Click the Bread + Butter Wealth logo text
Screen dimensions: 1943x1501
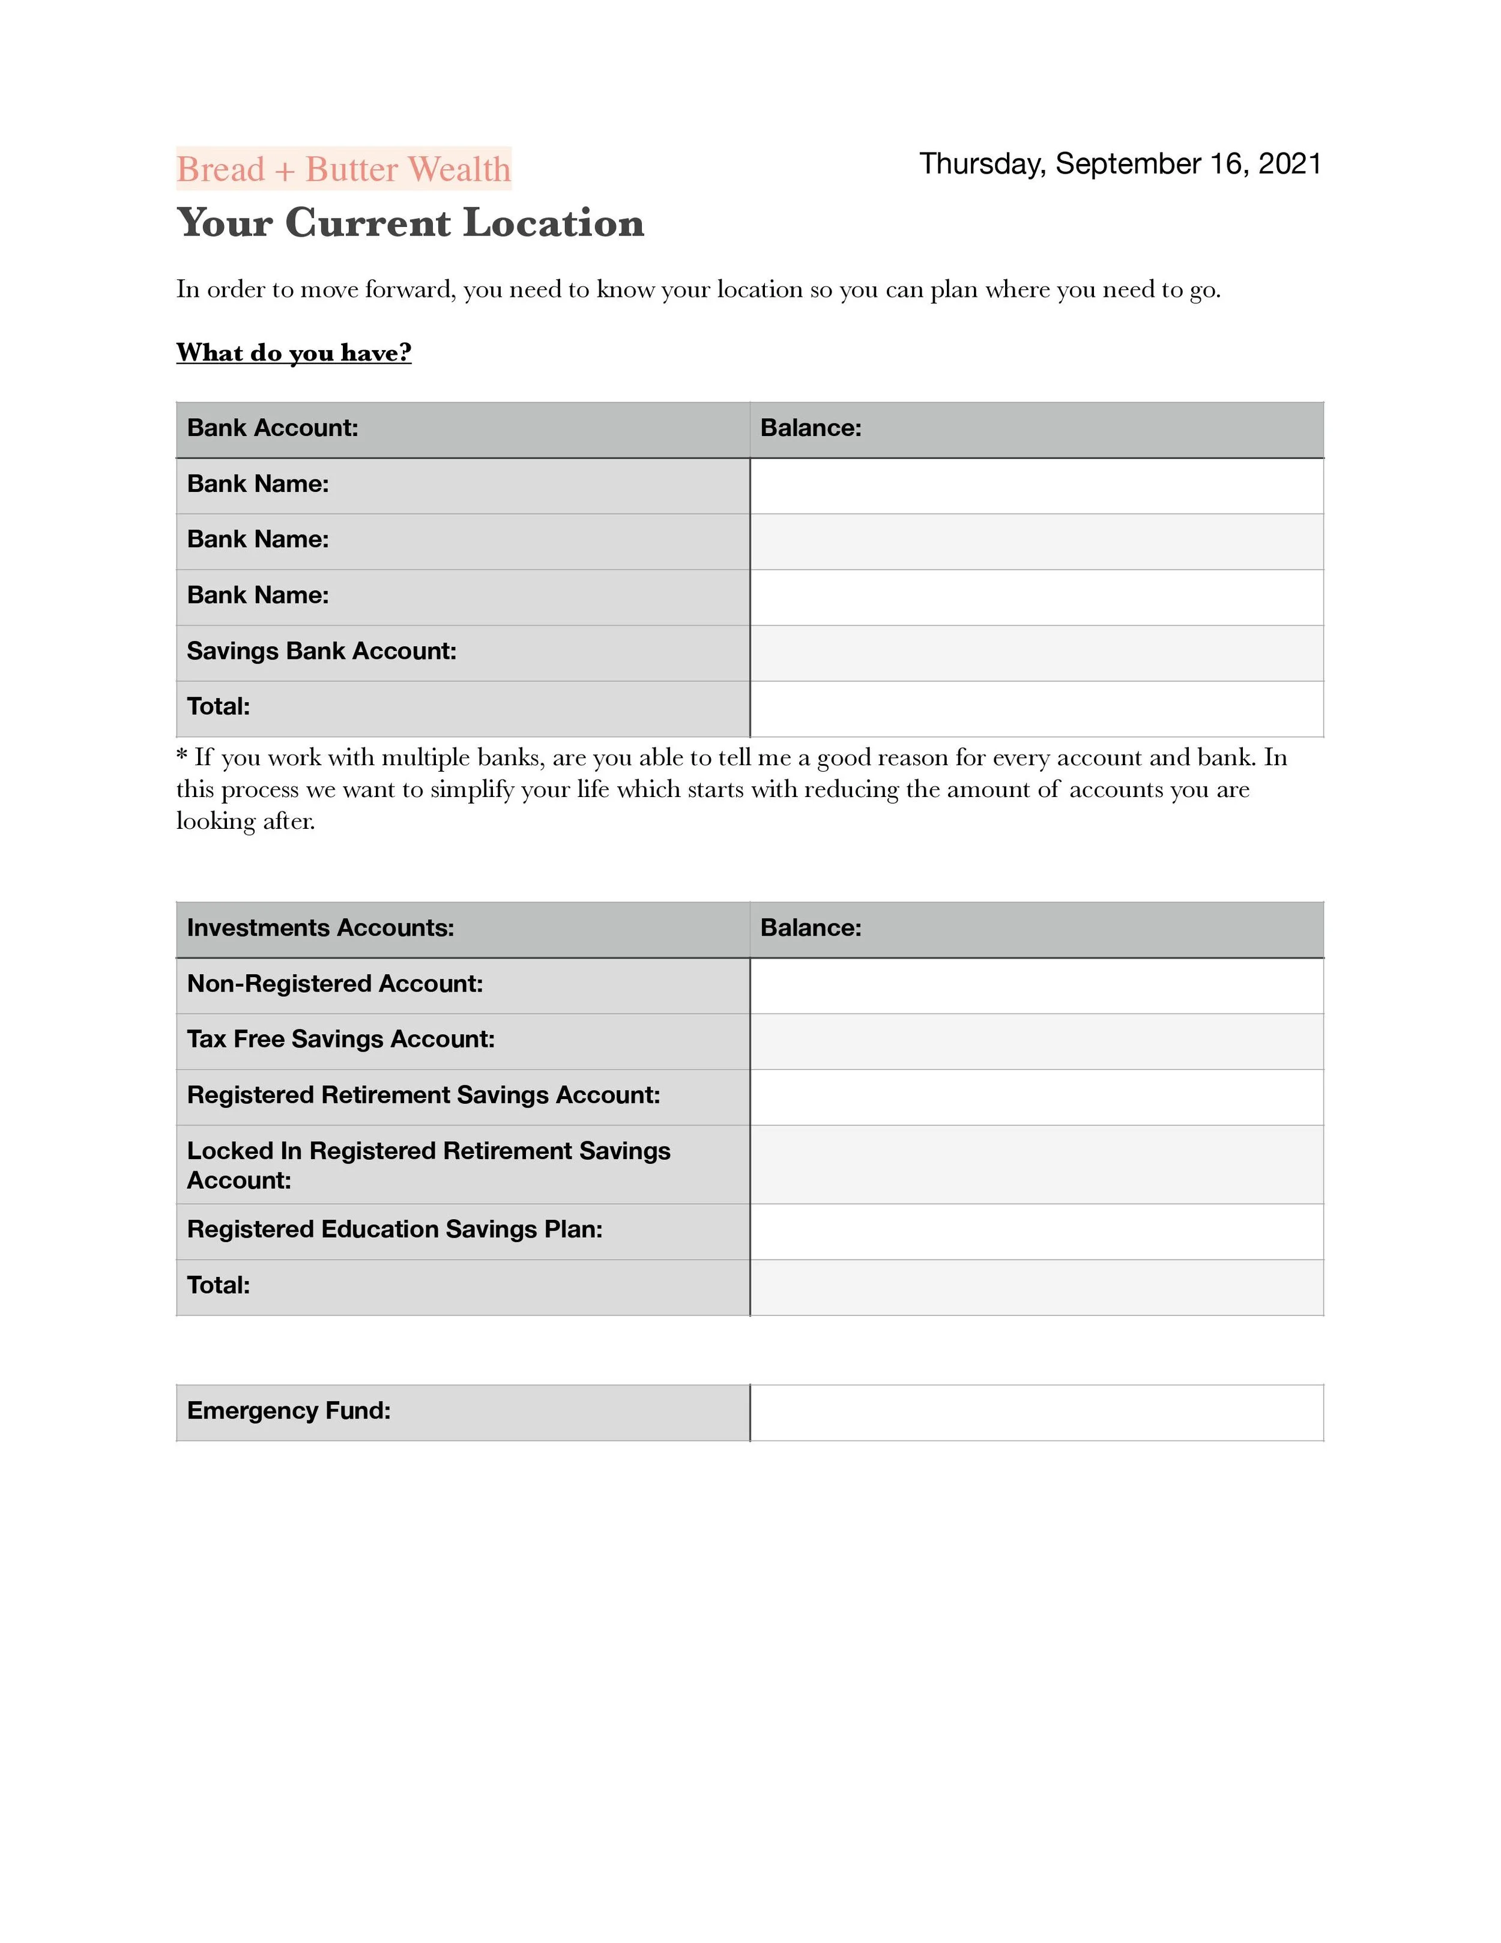click(x=343, y=169)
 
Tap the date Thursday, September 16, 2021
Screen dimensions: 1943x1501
click(x=1120, y=164)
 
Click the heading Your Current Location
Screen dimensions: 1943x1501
click(x=410, y=222)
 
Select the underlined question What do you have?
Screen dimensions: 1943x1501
click(x=294, y=353)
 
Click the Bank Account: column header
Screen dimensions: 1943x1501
click(x=272, y=428)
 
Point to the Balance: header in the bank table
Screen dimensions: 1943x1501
click(x=810, y=428)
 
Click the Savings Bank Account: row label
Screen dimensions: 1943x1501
click(x=321, y=651)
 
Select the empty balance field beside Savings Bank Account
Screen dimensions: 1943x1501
click(x=1036, y=653)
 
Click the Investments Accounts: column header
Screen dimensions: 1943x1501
click(x=320, y=928)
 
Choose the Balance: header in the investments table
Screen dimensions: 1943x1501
click(x=810, y=928)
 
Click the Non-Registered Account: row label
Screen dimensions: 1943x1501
click(x=334, y=984)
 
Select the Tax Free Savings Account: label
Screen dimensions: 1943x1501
click(x=340, y=1039)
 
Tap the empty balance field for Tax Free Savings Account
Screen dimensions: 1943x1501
click(x=1036, y=1041)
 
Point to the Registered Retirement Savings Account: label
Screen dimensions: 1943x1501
click(x=423, y=1095)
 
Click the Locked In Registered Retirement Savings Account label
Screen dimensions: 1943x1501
click(x=427, y=1165)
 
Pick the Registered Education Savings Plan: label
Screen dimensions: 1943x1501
click(x=394, y=1229)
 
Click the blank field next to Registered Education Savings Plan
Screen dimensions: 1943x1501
click(x=1036, y=1231)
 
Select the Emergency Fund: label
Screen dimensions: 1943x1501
click(x=288, y=1411)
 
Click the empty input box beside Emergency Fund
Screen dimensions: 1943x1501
click(x=1036, y=1413)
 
